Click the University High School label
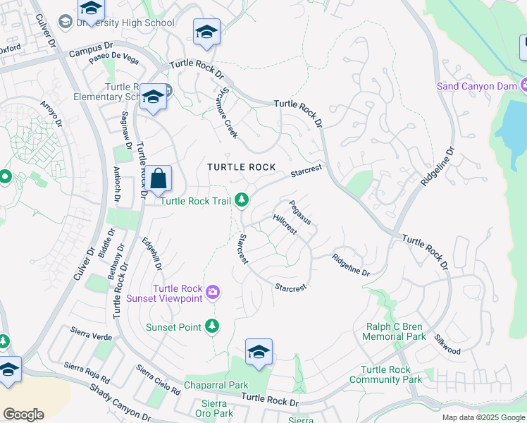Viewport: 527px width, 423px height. click(124, 23)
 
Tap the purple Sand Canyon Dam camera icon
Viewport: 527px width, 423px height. click(524, 85)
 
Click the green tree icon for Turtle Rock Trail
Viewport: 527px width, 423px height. click(242, 201)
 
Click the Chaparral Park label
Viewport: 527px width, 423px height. click(216, 386)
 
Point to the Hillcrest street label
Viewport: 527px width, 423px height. click(285, 224)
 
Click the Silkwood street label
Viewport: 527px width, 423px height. click(447, 345)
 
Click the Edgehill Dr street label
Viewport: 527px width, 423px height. click(152, 255)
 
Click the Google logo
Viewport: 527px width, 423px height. click(23, 415)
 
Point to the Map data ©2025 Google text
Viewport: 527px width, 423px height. click(483, 417)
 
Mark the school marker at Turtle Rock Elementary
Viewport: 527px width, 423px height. click(153, 97)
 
